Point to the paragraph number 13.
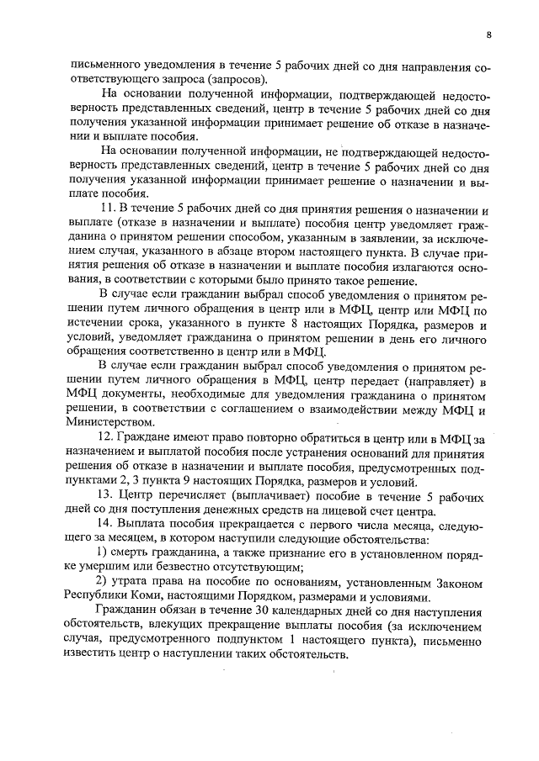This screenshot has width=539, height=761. point(106,495)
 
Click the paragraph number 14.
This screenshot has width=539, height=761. point(106,524)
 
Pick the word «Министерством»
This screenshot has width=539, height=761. point(112,422)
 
